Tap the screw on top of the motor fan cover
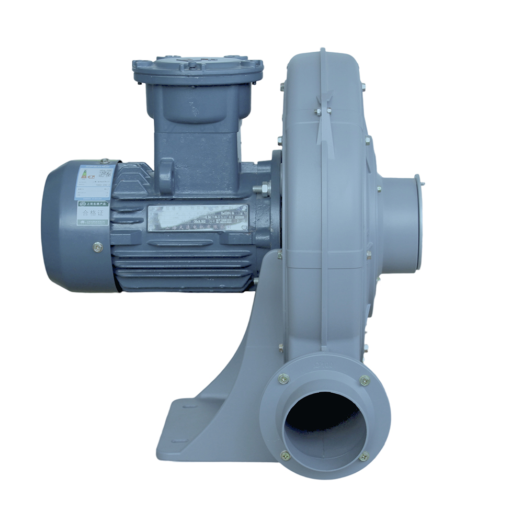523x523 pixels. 105,162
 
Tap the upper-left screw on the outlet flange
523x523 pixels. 283,379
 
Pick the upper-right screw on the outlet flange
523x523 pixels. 365,380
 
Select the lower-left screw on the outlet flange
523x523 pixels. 285,456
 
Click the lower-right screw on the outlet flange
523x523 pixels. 364,456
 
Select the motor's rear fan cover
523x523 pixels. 76,225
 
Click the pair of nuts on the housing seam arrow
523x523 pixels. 323,110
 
